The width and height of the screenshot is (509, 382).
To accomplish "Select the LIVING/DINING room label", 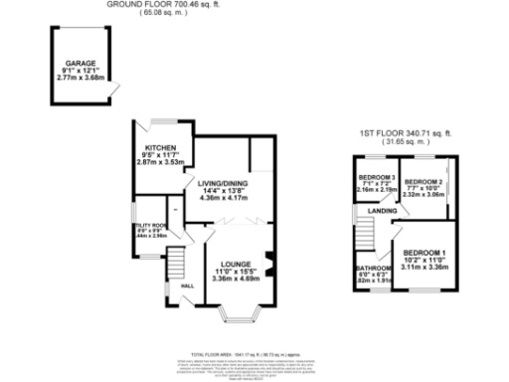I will point(223,184).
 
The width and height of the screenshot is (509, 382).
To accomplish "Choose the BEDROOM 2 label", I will point(423,181).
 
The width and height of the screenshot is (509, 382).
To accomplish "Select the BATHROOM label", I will point(373,269).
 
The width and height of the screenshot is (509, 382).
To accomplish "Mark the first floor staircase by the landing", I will point(367,236).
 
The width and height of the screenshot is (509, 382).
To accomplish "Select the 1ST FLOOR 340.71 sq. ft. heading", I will point(405,133).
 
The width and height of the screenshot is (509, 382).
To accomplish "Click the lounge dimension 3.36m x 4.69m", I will point(235,280).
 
